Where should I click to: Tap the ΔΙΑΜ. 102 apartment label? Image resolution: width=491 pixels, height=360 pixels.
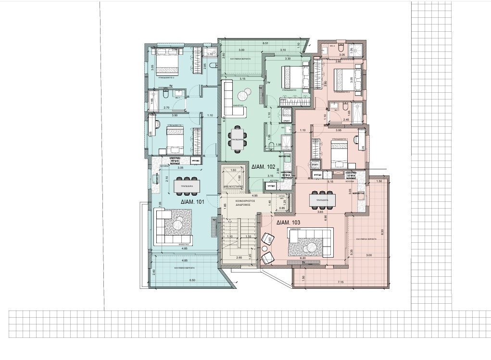tap(263, 167)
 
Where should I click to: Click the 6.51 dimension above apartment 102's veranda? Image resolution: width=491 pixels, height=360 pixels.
tap(265, 44)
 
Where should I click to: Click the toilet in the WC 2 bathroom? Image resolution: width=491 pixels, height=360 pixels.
tap(340, 49)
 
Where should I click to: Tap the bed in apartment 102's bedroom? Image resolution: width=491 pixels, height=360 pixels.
tap(294, 76)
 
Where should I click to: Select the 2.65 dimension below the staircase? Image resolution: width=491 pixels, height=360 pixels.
tap(239, 258)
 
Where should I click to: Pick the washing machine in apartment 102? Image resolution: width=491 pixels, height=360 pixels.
tap(287, 114)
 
